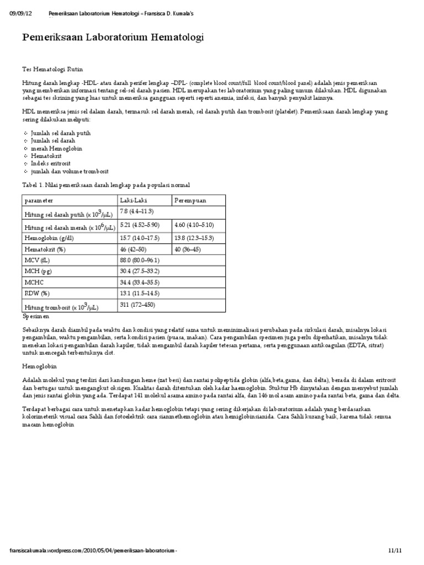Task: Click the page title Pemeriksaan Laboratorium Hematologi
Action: [113, 38]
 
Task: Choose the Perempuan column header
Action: [190, 200]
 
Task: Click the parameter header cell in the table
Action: [39, 200]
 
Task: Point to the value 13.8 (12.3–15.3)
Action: [194, 238]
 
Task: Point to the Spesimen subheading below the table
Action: [36, 318]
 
